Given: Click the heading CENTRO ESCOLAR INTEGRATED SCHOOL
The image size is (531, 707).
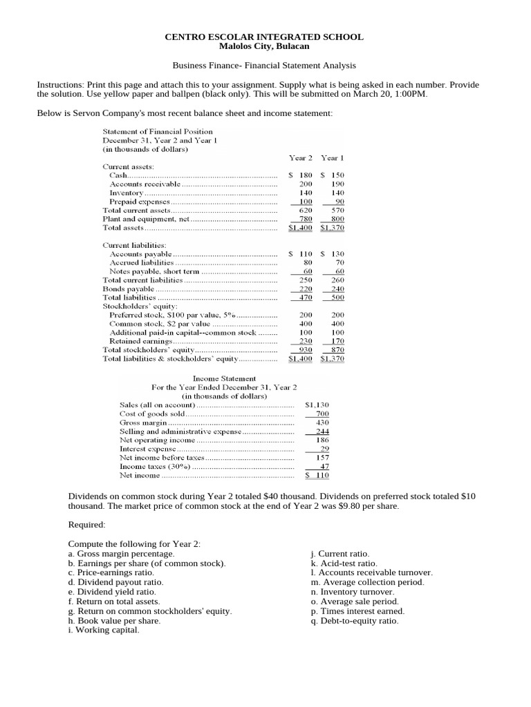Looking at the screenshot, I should [x=264, y=37].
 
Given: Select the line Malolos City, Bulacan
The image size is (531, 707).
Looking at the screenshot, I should [x=264, y=46].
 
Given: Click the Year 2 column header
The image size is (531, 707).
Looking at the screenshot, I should [x=301, y=158].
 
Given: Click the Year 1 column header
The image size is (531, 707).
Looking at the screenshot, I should [x=333, y=158].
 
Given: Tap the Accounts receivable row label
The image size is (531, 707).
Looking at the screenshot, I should [x=145, y=184].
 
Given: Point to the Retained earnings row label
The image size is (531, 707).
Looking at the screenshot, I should [x=141, y=341].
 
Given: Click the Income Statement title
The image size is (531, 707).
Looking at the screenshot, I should [x=224, y=378].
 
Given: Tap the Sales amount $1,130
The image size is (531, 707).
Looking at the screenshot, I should [x=317, y=405].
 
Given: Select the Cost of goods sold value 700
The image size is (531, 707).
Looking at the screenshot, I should [x=322, y=414].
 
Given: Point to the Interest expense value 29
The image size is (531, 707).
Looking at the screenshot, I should [x=324, y=449].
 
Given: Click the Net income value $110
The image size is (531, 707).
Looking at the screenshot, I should [x=318, y=475].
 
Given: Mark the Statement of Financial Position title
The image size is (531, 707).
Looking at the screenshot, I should [x=158, y=131].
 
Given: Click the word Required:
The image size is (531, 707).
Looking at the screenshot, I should [x=86, y=525].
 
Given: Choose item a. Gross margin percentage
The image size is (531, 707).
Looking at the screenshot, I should [x=122, y=554].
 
